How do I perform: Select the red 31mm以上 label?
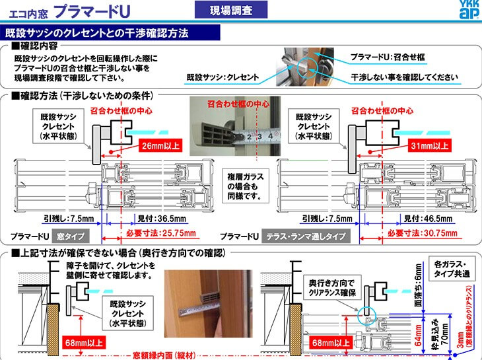(429, 147)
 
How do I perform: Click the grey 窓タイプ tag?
(75, 236)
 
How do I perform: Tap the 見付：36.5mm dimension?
(161, 219)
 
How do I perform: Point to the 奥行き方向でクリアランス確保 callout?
(333, 286)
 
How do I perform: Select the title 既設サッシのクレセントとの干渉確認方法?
(97, 32)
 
